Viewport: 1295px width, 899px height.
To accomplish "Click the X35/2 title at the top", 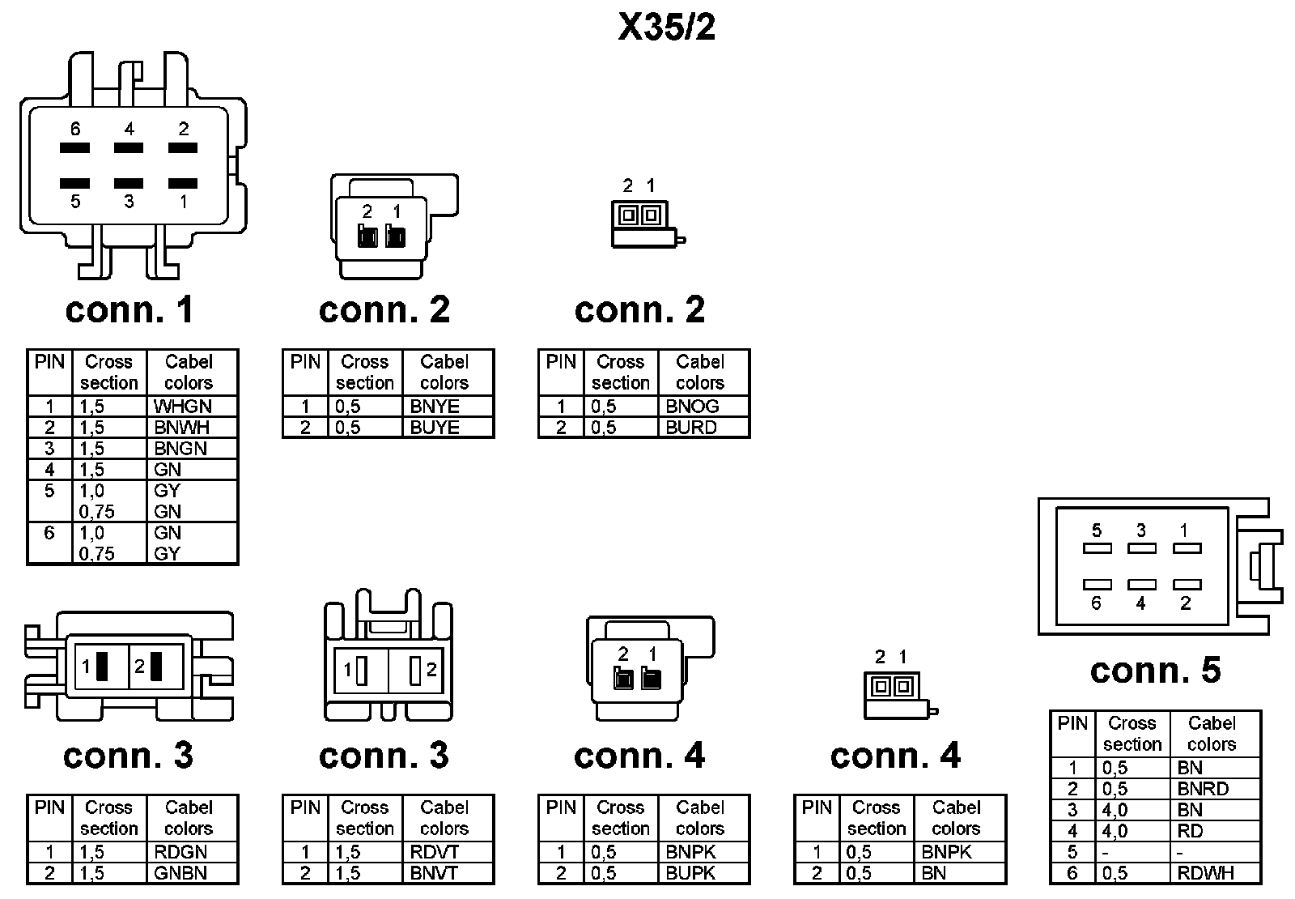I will (x=666, y=28).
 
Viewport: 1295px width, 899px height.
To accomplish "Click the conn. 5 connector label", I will (x=1155, y=671).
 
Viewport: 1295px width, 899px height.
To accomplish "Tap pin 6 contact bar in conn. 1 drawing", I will (x=74, y=148).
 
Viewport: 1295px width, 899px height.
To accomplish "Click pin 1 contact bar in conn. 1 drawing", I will (x=183, y=184).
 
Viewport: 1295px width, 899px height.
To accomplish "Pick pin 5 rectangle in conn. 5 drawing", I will (x=1097, y=548).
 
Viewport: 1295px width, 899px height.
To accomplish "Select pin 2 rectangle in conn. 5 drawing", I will (x=1187, y=584).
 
